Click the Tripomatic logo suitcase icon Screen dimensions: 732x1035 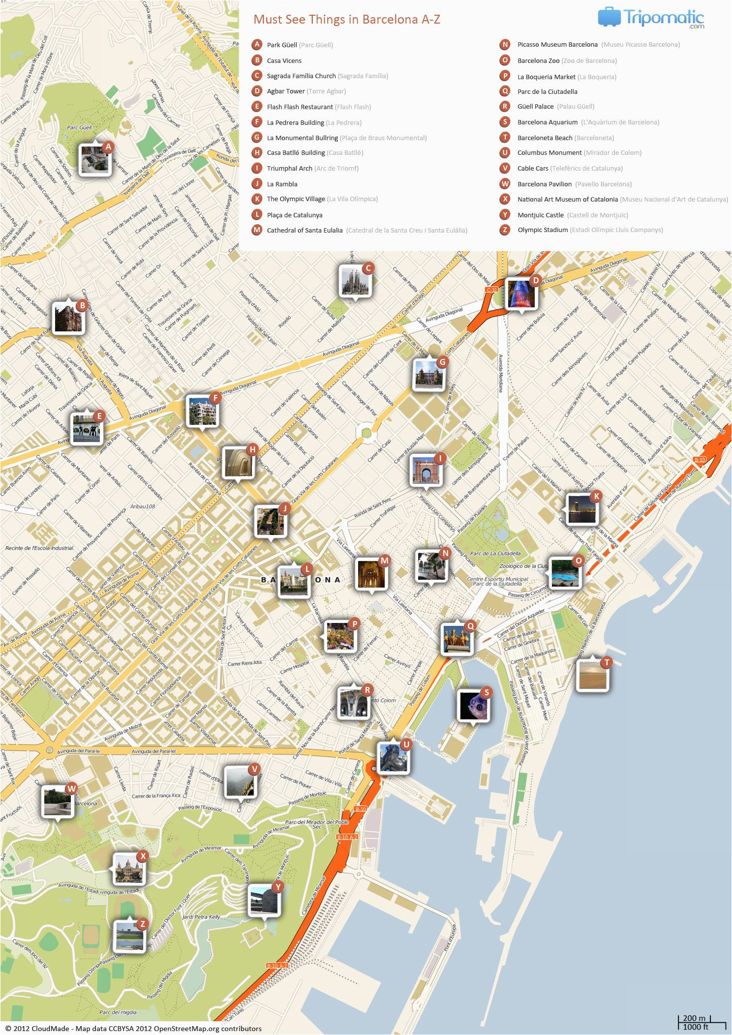[x=609, y=17]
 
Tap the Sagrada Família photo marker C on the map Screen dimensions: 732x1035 [x=355, y=281]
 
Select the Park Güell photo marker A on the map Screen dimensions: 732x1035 [x=94, y=158]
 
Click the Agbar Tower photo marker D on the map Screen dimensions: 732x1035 [x=521, y=294]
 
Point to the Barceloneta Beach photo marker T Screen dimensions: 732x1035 [x=592, y=675]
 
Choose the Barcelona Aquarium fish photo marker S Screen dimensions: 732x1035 [x=473, y=705]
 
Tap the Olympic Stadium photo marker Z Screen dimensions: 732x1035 [x=129, y=935]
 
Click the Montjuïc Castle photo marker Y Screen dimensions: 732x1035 [x=264, y=899]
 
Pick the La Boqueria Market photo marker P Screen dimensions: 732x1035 [x=339, y=636]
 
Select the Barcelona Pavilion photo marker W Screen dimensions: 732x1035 [x=57, y=801]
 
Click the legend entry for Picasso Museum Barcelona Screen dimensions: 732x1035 [x=557, y=45]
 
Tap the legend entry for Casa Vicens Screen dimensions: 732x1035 [x=284, y=61]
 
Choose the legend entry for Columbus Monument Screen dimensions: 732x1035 [x=549, y=153]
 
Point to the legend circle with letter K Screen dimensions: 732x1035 [x=256, y=199]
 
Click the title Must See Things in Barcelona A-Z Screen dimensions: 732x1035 [x=346, y=20]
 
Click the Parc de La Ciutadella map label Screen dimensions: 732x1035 [x=495, y=554]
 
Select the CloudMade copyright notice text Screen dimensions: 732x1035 [x=133, y=1028]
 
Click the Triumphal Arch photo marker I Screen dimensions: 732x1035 [x=426, y=471]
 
